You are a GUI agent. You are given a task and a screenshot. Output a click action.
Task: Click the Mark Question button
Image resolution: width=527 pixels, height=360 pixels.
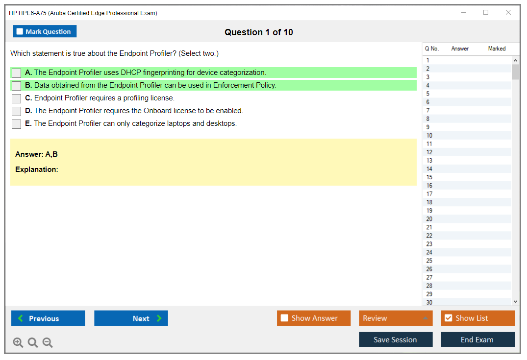click(x=45, y=31)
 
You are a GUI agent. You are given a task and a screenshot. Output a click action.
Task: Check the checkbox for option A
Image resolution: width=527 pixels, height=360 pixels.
click(x=16, y=73)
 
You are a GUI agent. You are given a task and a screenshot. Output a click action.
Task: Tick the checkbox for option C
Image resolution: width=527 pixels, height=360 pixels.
click(x=16, y=98)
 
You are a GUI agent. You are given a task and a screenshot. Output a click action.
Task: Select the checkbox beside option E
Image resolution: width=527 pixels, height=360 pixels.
click(x=16, y=124)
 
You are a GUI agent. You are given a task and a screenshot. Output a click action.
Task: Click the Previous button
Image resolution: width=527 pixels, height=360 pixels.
click(x=48, y=318)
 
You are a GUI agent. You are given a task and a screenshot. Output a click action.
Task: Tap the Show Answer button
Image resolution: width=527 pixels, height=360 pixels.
click(x=314, y=318)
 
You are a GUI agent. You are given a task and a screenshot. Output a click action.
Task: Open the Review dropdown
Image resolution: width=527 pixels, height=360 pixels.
click(x=396, y=318)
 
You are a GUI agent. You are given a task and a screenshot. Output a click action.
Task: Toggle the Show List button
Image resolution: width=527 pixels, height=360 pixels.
click(x=477, y=318)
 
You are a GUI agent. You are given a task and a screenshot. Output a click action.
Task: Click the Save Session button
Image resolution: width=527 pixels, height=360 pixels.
click(x=396, y=339)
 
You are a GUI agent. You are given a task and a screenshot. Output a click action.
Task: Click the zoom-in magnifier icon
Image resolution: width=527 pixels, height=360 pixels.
click(x=18, y=342)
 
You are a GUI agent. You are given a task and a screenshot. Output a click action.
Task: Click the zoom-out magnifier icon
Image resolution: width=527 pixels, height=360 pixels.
click(x=48, y=342)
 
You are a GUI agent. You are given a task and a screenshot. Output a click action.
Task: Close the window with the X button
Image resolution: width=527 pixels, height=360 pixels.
click(x=508, y=12)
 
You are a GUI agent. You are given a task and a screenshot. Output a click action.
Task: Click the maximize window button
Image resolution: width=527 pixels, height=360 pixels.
click(x=486, y=12)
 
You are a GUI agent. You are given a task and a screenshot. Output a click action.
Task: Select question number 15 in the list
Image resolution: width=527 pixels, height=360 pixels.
click(x=429, y=177)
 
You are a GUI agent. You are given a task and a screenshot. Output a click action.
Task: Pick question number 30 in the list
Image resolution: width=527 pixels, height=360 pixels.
click(x=429, y=302)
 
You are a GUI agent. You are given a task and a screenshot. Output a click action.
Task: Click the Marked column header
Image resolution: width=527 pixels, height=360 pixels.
click(x=497, y=48)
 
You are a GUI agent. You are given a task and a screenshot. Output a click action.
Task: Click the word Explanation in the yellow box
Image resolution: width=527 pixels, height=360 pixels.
click(x=37, y=169)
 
